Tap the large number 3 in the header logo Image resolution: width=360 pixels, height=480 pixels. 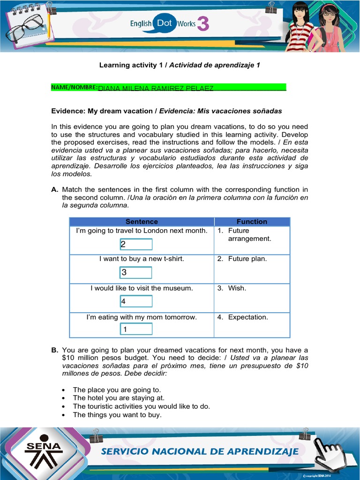pos(203,24)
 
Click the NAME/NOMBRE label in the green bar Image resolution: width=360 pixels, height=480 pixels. pos(74,87)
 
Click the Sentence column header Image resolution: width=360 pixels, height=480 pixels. pos(142,222)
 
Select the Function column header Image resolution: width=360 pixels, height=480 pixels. pos(252,222)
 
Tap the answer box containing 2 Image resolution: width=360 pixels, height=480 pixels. pos(135,244)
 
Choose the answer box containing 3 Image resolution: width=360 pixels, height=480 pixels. pos(135,272)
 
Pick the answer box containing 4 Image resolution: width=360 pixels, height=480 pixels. pos(135,301)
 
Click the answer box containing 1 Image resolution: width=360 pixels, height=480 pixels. pos(135,329)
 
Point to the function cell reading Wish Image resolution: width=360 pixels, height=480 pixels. pos(237,288)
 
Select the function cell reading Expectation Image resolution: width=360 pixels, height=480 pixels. pos(248,317)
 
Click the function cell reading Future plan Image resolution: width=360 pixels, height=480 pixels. pos(247,259)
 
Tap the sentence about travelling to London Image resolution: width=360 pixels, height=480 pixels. pos(142,231)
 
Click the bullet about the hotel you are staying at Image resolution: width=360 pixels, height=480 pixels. pos(119,398)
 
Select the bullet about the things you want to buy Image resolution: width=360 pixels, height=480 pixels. pos(117,415)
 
